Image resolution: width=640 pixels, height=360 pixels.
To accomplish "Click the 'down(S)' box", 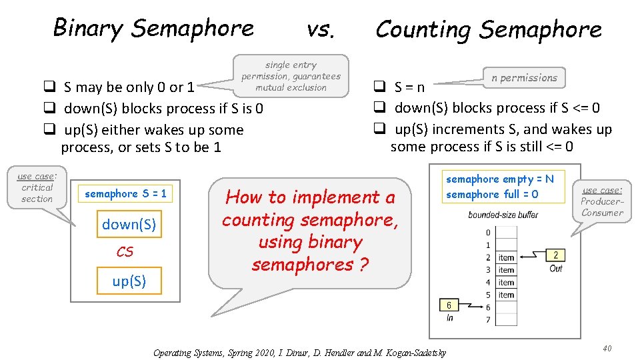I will (x=129, y=225).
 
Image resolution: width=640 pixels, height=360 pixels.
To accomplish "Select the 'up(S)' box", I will (x=129, y=281).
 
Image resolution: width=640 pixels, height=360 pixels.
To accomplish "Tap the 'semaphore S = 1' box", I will (x=125, y=193).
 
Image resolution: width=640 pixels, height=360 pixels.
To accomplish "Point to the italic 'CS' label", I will (x=125, y=252).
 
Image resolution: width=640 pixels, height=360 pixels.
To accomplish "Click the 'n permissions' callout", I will (x=524, y=77).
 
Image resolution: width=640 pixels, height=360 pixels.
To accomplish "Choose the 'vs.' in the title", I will (x=321, y=29).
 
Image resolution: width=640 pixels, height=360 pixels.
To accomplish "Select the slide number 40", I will (x=607, y=349).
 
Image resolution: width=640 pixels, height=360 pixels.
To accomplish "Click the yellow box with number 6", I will (x=449, y=305).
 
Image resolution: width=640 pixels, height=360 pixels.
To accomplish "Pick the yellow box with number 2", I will (x=555, y=255).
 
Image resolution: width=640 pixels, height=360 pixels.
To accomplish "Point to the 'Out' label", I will (x=556, y=268).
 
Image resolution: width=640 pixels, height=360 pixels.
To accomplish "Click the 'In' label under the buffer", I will (x=450, y=318).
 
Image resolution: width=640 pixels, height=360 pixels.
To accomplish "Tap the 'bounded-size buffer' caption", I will (x=503, y=215).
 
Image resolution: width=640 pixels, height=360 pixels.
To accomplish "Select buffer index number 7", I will (x=488, y=320).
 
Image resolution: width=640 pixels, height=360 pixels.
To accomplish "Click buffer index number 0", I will (x=488, y=233).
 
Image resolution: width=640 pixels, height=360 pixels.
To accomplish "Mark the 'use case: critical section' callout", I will (x=37, y=187).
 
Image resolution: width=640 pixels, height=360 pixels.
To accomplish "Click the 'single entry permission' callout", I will (x=291, y=76).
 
